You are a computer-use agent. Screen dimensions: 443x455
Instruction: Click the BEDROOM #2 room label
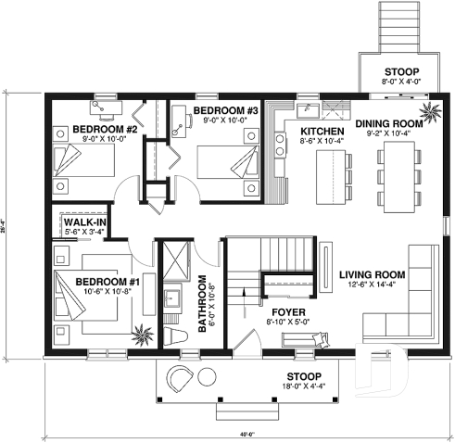pos(105,129)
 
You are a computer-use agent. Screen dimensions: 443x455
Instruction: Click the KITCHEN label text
pos(322,133)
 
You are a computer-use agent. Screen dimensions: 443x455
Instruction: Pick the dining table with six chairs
pos(390,178)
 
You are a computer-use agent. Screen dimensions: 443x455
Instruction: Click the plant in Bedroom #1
pos(143,333)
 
